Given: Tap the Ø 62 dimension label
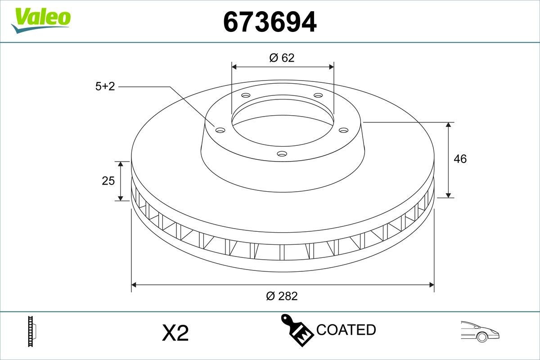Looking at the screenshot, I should (x=282, y=58).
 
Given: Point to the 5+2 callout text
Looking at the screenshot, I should (x=105, y=87).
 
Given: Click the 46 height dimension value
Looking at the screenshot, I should (x=460, y=159).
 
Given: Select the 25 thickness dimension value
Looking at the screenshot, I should (x=108, y=181).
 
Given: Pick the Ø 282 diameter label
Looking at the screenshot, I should (x=282, y=296).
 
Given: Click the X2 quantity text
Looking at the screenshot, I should (x=175, y=333).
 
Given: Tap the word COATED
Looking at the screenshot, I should (x=346, y=330).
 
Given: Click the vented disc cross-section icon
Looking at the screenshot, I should (x=32, y=332).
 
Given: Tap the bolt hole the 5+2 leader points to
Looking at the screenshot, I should (x=220, y=130).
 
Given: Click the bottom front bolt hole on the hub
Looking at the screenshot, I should (x=282, y=154).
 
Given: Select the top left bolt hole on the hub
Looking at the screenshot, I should (x=245, y=95).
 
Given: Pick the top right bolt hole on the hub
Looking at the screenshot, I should (x=318, y=95).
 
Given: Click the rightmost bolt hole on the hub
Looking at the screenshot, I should (x=344, y=130).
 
